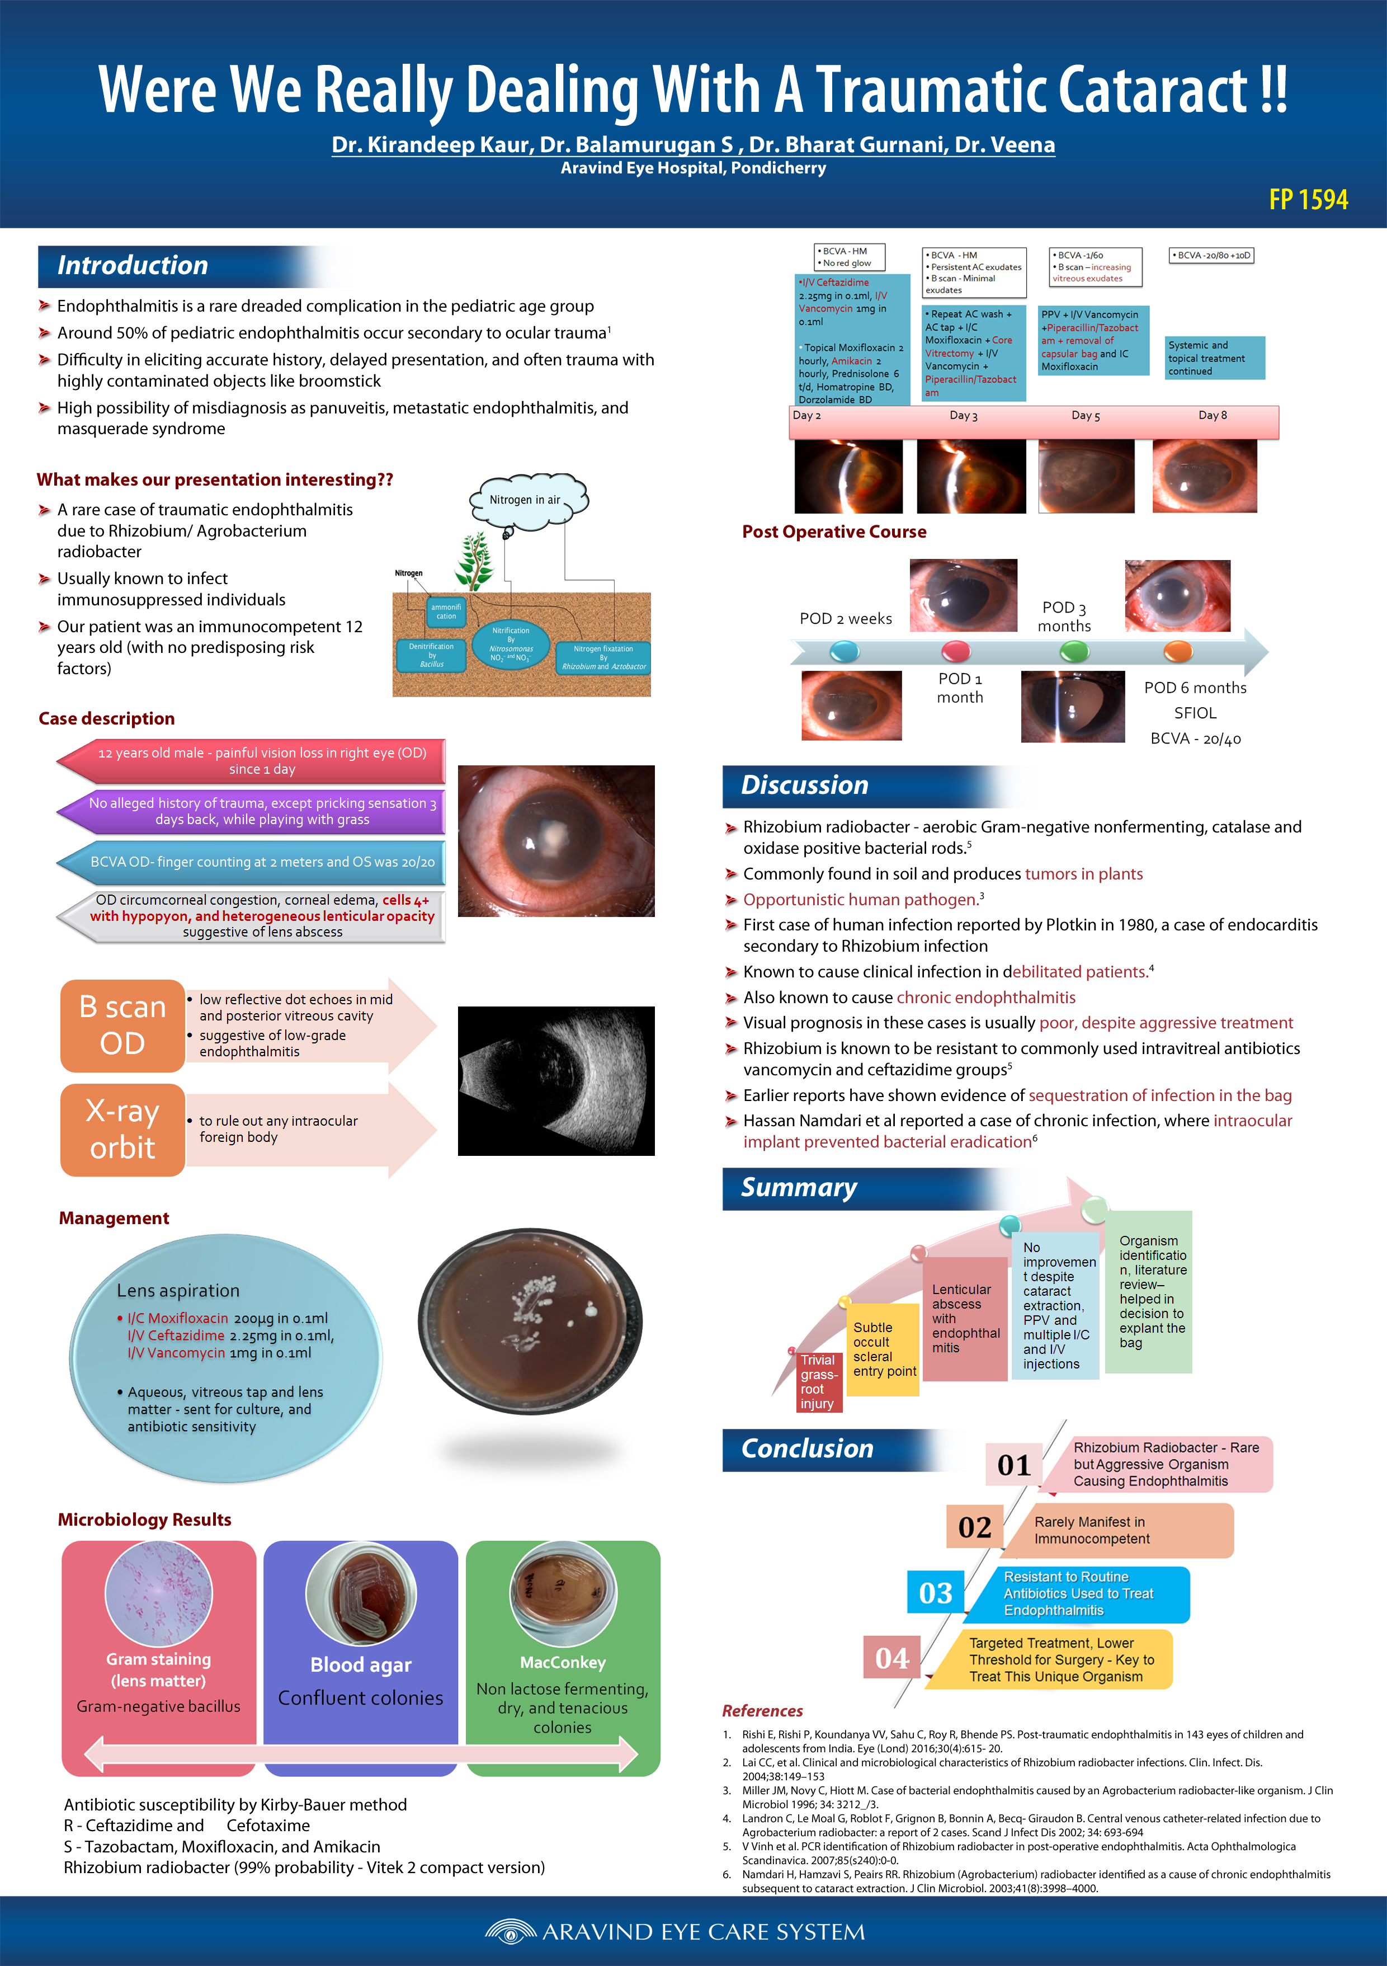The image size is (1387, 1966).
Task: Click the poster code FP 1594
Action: tap(1308, 200)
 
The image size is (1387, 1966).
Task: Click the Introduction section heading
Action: tap(133, 265)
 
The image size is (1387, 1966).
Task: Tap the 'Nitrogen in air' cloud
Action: tap(526, 499)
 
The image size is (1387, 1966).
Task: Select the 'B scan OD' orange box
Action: tap(122, 1025)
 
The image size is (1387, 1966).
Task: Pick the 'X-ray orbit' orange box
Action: tap(122, 1130)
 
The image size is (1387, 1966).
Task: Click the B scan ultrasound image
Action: tap(556, 1080)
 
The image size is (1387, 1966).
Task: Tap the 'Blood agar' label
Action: tap(360, 1664)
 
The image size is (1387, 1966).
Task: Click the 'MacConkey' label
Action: tap(563, 1662)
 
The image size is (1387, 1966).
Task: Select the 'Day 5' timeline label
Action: tap(1086, 415)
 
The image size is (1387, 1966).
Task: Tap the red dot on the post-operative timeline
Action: tap(955, 652)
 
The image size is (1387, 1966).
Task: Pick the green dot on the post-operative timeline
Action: tap(1074, 652)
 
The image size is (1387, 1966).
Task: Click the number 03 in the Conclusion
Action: tap(935, 1593)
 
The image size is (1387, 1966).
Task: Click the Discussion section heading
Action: tap(805, 785)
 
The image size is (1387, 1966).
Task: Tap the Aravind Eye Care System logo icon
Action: tap(510, 1932)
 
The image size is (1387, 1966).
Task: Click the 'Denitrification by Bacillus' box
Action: tap(432, 655)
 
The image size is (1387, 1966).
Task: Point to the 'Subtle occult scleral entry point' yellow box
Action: tap(884, 1349)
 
